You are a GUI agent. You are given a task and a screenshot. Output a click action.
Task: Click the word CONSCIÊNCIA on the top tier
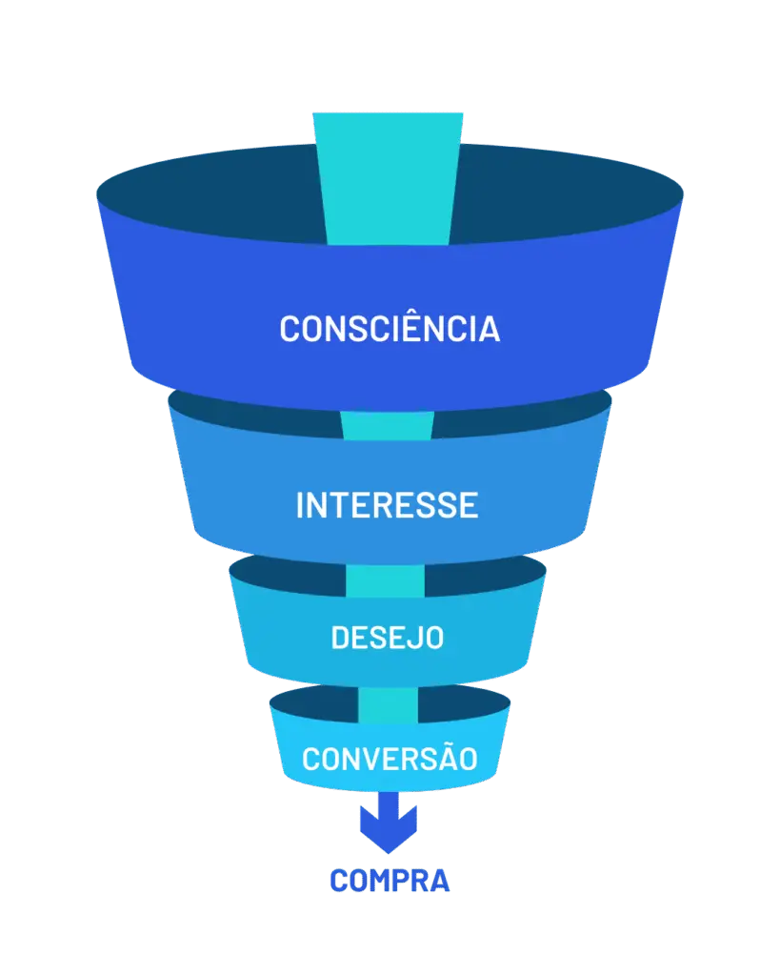(x=390, y=328)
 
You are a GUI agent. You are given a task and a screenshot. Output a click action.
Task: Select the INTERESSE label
(x=387, y=505)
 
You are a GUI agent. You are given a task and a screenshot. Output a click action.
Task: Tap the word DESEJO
(x=388, y=638)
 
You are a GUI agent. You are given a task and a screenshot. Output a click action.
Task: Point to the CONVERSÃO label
(x=390, y=759)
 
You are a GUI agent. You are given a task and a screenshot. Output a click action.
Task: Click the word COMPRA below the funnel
(x=389, y=881)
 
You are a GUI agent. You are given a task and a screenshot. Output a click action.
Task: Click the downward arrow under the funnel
(x=389, y=823)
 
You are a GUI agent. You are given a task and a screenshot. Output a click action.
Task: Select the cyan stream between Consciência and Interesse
(x=388, y=425)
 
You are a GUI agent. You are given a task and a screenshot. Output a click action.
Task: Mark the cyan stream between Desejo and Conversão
(x=388, y=703)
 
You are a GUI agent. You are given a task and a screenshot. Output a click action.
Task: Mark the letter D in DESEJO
(x=340, y=638)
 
